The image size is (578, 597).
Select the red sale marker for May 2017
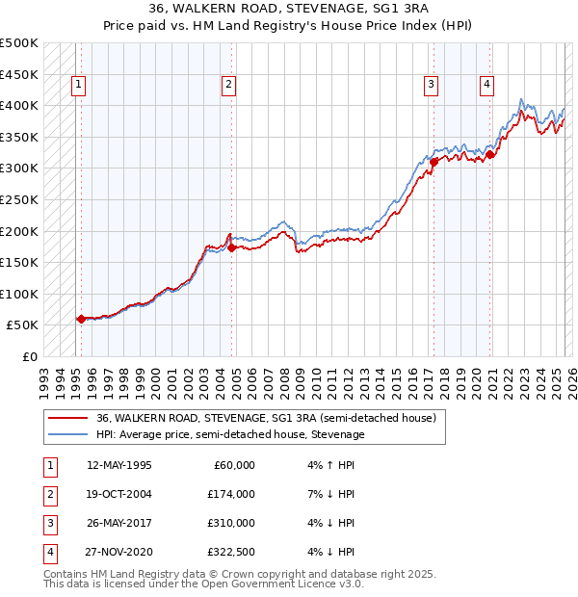(433, 162)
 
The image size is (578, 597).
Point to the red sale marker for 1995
(81, 319)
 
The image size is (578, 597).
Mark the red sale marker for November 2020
(490, 154)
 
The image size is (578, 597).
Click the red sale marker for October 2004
(232, 247)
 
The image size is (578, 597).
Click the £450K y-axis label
(19, 74)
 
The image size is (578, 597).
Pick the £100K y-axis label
(19, 294)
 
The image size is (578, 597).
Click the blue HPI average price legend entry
(230, 434)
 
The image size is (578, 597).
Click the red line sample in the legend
(69, 418)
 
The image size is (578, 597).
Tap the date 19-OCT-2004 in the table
(119, 494)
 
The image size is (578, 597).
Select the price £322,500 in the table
(230, 553)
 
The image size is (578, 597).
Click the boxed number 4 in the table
(49, 553)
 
